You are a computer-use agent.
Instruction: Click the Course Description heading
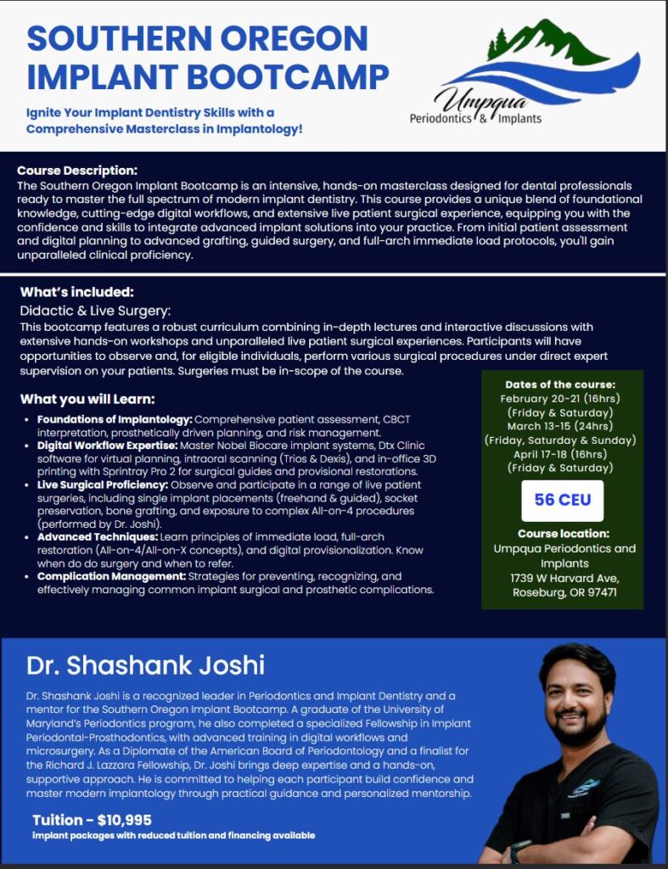76,171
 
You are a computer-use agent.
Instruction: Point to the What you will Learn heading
87,399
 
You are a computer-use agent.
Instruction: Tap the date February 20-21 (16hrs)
558,398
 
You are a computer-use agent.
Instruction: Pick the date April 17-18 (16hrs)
558,454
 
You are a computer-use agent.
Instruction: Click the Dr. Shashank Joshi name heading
145,664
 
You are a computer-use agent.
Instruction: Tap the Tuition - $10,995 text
92,820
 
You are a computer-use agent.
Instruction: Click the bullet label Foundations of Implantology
115,420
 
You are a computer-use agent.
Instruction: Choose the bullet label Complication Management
110,576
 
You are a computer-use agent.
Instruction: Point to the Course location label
564,534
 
